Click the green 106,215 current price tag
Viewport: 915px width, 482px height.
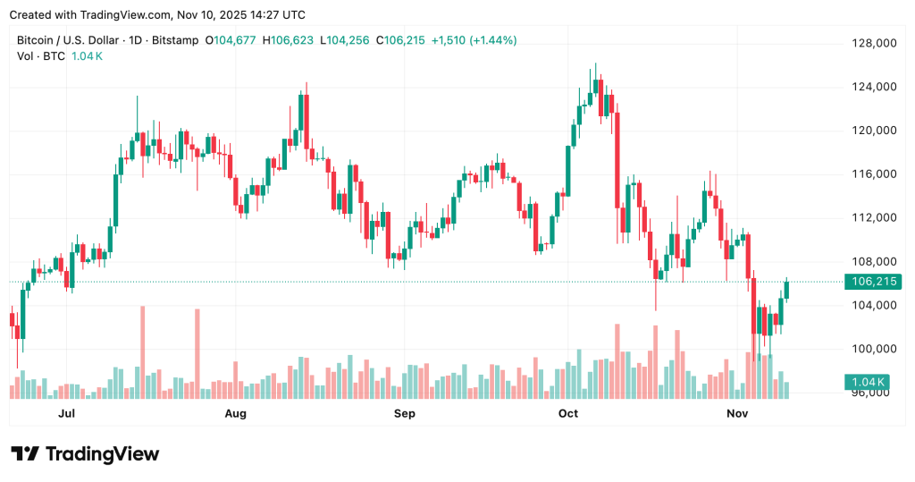[873, 282]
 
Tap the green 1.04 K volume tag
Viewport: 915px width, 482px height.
[866, 383]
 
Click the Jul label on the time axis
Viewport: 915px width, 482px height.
[66, 414]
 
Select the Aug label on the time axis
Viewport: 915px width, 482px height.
[235, 414]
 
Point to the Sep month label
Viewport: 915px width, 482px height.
[405, 414]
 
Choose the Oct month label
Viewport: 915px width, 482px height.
[568, 414]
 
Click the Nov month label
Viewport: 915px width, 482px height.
[737, 414]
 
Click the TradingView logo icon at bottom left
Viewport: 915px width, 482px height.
[24, 454]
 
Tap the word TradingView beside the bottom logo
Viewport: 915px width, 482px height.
[102, 454]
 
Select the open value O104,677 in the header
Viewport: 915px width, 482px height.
[234, 40]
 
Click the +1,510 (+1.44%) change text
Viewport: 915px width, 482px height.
[474, 40]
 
